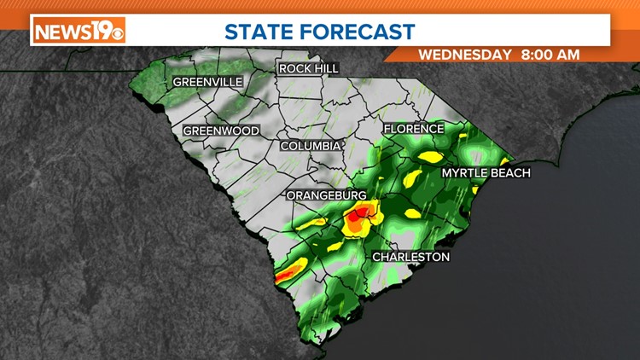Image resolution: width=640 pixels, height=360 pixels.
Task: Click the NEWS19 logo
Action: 79,31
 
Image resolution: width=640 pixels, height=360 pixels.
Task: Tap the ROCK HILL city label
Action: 308,68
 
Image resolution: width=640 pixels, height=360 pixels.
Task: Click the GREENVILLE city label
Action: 207,82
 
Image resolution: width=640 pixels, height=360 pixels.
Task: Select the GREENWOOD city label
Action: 221,131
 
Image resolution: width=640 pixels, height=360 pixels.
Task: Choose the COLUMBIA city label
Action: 311,146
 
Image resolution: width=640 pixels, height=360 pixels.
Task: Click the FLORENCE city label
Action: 414,129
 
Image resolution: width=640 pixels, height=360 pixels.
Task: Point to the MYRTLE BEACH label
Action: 486,173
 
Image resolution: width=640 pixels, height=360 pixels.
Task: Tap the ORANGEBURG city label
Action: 325,196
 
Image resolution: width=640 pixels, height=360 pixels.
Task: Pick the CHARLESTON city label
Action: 410,257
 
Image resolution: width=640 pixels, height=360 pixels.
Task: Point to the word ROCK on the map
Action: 294,68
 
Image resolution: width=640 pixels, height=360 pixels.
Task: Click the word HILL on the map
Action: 326,68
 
